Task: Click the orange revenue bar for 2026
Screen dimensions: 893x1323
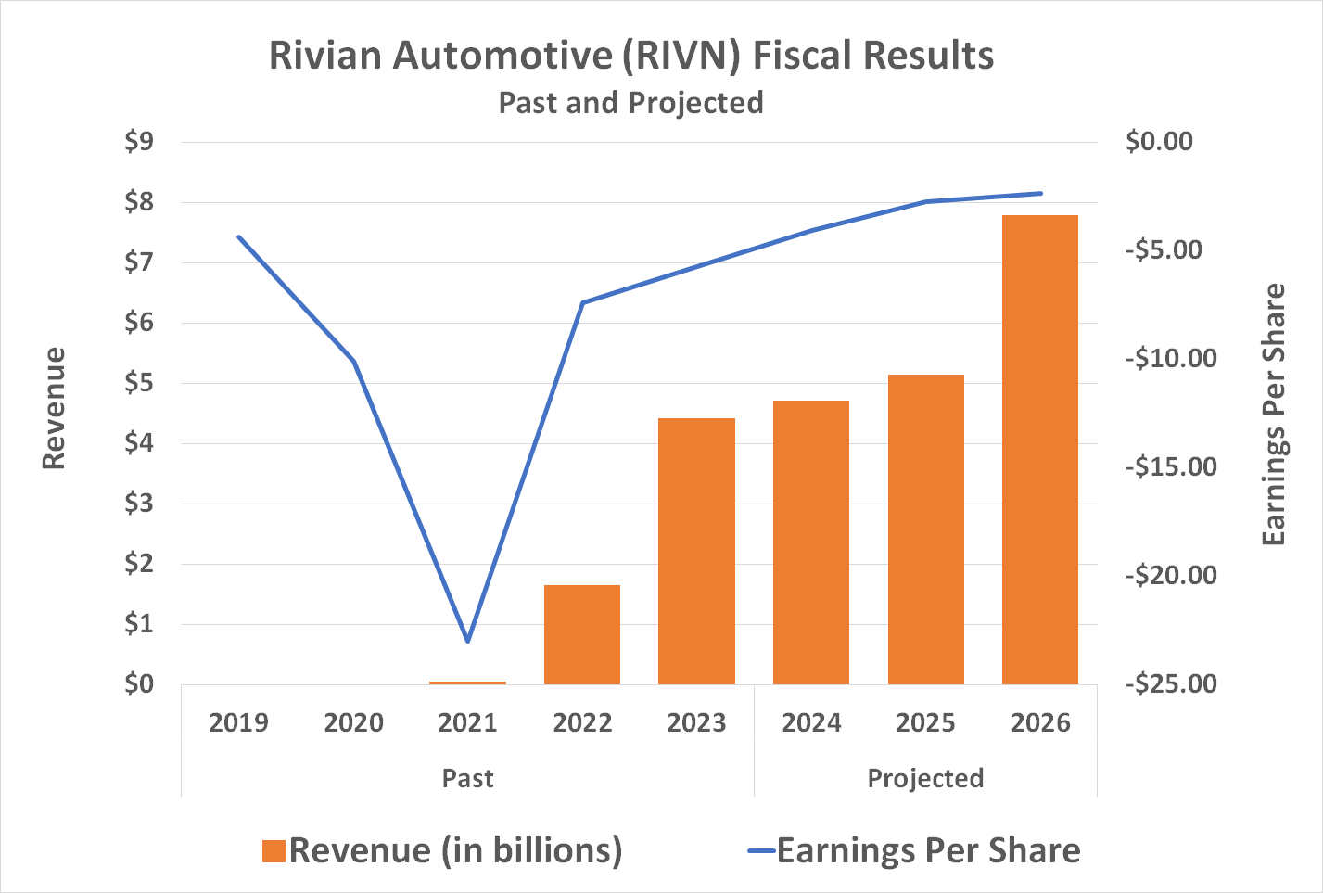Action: (x=1039, y=450)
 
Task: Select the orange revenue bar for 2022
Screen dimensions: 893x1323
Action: (x=582, y=634)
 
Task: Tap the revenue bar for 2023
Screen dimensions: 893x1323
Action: (x=696, y=551)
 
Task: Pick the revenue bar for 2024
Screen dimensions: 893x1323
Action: (x=810, y=542)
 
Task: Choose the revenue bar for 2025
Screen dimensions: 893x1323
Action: (x=925, y=529)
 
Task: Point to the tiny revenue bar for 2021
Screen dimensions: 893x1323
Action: (x=468, y=683)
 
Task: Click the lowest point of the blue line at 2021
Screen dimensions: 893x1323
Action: (x=468, y=641)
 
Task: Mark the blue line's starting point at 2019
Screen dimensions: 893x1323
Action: (x=239, y=237)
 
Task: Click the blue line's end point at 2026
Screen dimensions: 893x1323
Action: (x=1040, y=193)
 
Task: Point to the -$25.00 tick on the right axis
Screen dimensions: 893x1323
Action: (x=1171, y=684)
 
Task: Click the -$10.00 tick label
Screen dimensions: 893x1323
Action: (x=1171, y=359)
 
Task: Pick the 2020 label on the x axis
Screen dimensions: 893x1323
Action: (x=353, y=723)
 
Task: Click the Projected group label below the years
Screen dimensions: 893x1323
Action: (x=925, y=778)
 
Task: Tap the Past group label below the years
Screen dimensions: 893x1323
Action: (x=467, y=778)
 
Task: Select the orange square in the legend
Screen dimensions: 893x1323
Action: (x=274, y=851)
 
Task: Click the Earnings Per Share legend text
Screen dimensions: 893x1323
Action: (x=928, y=850)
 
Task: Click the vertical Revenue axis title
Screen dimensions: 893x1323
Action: (x=55, y=408)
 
